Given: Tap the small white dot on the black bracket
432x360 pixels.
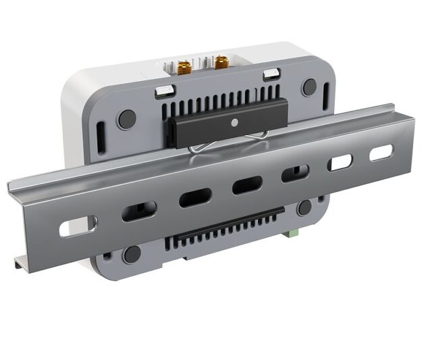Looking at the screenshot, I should [x=234, y=123].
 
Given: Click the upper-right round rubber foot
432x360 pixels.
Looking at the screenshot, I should [x=309, y=86].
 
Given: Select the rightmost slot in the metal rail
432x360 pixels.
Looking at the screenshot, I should [x=380, y=153].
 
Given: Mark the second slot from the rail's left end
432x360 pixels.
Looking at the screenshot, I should [x=138, y=211].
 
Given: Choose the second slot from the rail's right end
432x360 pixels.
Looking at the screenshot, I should [x=340, y=163].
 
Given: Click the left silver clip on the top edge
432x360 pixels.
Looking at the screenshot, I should [x=164, y=88].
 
